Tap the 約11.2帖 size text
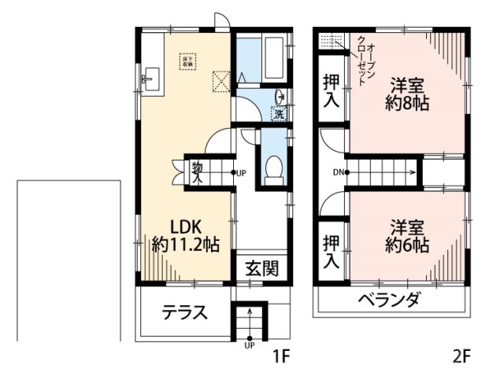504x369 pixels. (186, 245)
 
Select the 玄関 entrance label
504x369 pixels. (260, 268)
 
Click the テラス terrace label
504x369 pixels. (185, 313)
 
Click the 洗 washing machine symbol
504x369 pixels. (280, 113)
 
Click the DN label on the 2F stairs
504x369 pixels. (336, 172)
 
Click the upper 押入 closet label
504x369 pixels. (332, 90)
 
